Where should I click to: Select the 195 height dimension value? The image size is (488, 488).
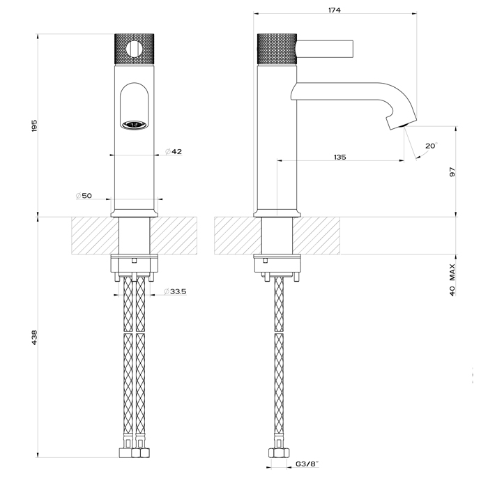[x=34, y=125]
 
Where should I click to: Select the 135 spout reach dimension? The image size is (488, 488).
[x=340, y=157]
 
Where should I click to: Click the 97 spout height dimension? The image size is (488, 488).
[x=452, y=171]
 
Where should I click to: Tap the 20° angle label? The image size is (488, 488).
[x=431, y=146]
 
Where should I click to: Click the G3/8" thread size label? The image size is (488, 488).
[x=306, y=464]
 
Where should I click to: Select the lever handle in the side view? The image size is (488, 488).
[x=325, y=49]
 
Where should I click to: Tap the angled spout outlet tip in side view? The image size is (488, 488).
[x=397, y=124]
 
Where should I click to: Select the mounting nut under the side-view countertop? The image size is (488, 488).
[x=277, y=265]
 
